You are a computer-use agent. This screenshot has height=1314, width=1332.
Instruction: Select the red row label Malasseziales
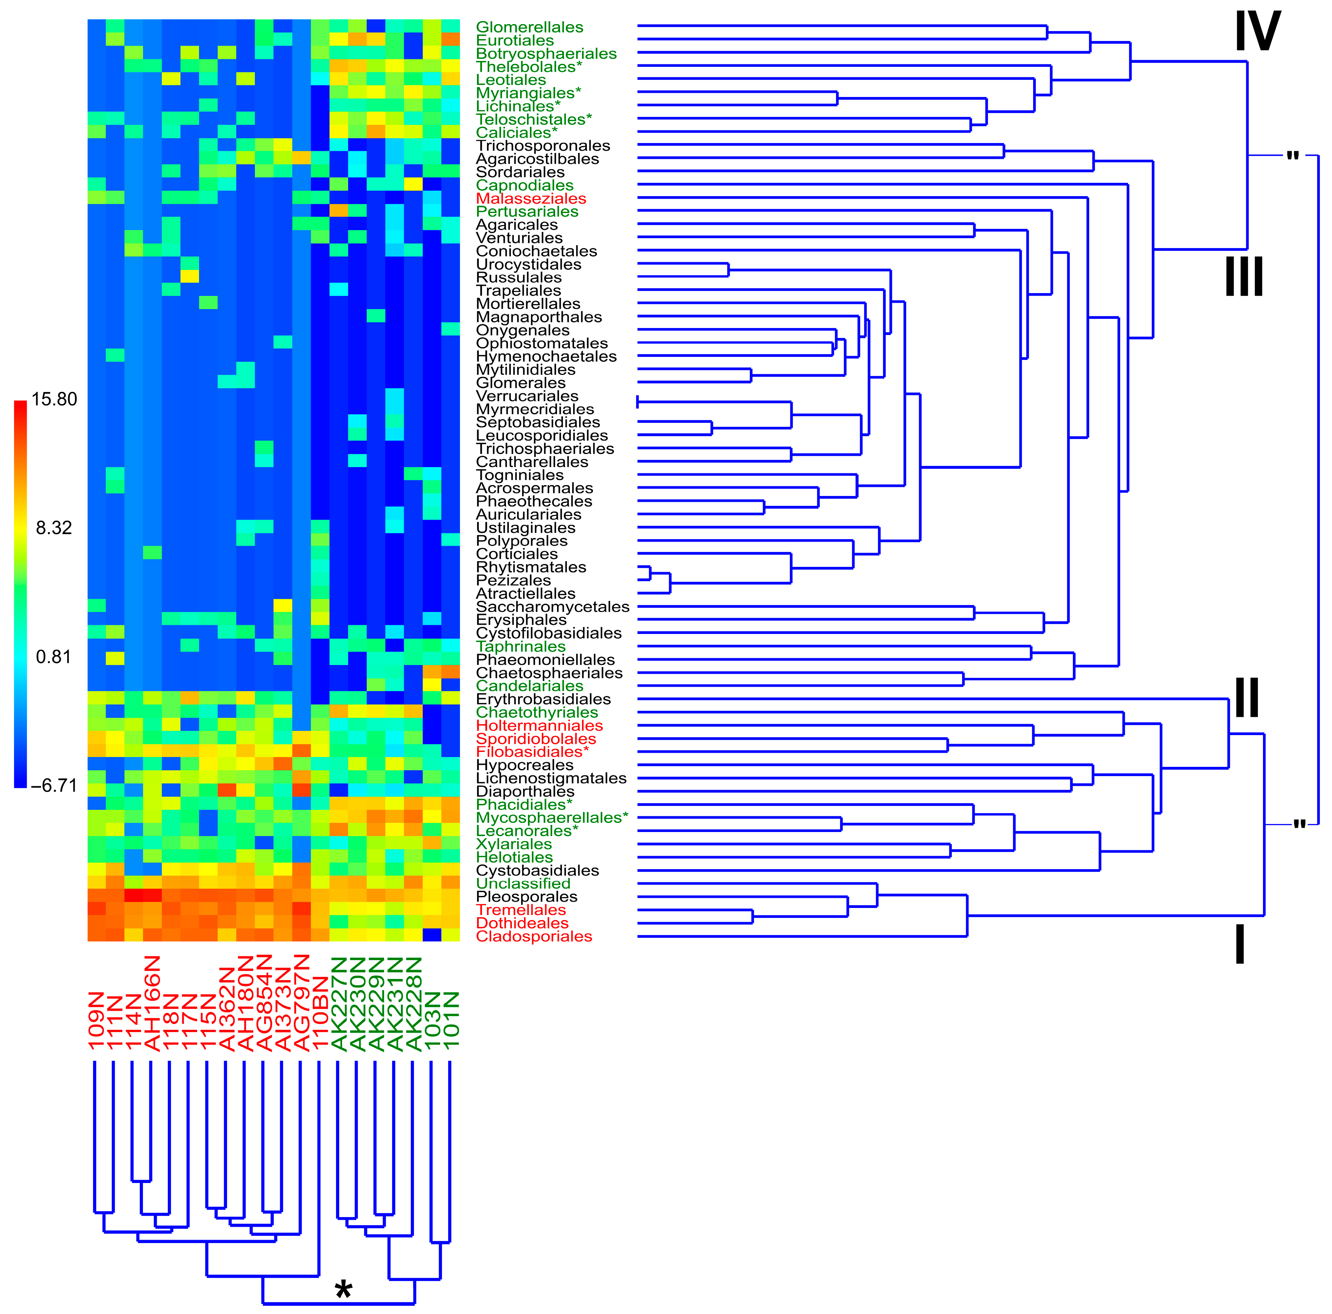click(531, 199)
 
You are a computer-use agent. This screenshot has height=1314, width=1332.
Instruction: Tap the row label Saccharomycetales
click(553, 607)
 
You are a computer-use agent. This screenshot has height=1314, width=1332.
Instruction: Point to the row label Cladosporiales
click(534, 936)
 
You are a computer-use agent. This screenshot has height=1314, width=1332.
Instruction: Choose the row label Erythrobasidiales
click(543, 699)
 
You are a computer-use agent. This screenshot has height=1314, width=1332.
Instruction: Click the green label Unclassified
click(523, 884)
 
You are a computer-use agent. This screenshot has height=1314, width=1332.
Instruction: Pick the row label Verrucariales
click(527, 396)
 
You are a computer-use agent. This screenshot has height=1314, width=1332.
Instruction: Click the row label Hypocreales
click(525, 765)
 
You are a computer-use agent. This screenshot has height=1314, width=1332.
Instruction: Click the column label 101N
click(450, 1020)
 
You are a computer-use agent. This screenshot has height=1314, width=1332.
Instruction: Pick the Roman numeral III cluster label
click(1244, 277)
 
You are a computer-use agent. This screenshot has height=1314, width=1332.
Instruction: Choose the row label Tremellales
click(521, 910)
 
